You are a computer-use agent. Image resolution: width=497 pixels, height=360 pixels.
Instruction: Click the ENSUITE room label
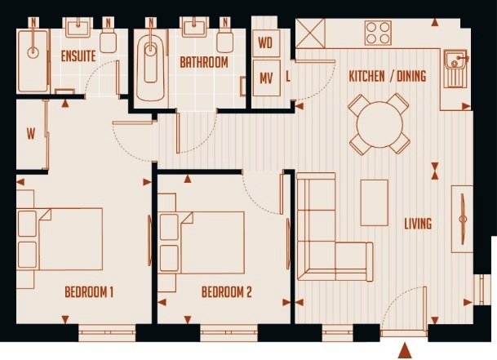(x=78, y=56)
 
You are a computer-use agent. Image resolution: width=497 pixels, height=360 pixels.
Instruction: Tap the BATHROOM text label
(x=204, y=62)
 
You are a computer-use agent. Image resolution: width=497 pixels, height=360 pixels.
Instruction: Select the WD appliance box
(x=266, y=43)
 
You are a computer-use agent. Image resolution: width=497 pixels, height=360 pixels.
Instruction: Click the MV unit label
(x=266, y=78)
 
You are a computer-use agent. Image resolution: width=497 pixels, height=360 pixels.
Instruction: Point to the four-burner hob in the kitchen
(x=378, y=33)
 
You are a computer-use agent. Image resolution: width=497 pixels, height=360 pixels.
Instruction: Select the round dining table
(x=379, y=124)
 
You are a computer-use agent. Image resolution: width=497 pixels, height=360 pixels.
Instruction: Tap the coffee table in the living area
(x=375, y=203)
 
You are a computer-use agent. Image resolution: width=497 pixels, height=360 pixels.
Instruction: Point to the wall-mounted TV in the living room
(x=463, y=219)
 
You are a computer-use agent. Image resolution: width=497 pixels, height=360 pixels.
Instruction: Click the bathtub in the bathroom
(x=150, y=68)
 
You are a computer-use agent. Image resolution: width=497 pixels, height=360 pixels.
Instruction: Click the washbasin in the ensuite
(x=78, y=29)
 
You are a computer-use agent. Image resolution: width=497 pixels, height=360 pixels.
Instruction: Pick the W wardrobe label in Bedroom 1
(x=31, y=135)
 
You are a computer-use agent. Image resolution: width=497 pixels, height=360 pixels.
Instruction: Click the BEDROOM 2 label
(x=227, y=292)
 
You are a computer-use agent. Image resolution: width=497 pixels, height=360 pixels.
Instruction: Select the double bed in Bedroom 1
(x=60, y=239)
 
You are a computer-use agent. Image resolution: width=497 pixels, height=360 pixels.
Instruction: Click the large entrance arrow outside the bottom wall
(x=405, y=350)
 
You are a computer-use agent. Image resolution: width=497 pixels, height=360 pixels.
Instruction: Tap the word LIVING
(x=418, y=224)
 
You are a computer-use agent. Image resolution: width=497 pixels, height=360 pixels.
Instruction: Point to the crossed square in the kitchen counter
(x=311, y=33)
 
